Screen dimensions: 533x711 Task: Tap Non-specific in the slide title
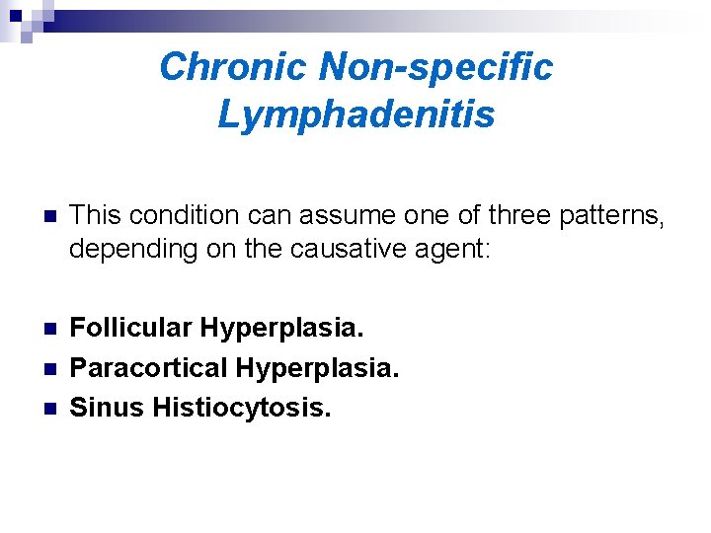[436, 67]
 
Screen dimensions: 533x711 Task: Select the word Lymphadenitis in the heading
[355, 115]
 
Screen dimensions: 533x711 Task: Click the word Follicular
[135, 328]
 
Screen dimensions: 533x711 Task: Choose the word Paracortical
[149, 367]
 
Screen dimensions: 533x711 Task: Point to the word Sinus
[107, 406]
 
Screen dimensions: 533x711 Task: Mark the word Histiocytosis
[242, 406]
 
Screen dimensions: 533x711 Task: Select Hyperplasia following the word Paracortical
[317, 367]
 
